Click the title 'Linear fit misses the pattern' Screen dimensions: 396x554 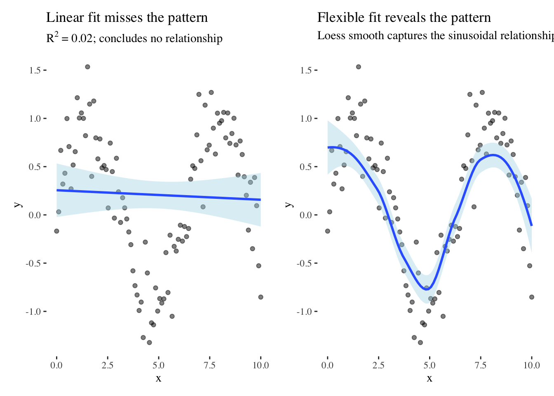coord(127,18)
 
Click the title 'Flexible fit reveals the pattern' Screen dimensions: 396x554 coord(404,18)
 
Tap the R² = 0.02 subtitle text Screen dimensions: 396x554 coord(134,38)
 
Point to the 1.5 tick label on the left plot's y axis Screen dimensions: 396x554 coord(35,71)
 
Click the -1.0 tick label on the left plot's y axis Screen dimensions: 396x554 coord(33,312)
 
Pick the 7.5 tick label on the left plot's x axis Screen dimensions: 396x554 coord(209,365)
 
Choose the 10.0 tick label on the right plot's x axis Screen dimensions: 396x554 coord(531,365)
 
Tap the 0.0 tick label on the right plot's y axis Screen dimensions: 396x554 coord(305,215)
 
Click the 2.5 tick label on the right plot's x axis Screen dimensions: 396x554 coord(378,365)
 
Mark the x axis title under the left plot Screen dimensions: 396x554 coord(158,378)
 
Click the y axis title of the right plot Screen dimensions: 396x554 coord(289,205)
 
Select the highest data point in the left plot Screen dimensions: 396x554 coord(87,67)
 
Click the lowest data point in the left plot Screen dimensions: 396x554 coord(149,342)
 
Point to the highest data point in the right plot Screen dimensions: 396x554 coord(359,67)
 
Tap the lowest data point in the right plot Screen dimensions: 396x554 coord(420,342)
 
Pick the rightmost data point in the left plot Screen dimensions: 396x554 coord(261,297)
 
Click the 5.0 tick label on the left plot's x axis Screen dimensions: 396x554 coord(158,365)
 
